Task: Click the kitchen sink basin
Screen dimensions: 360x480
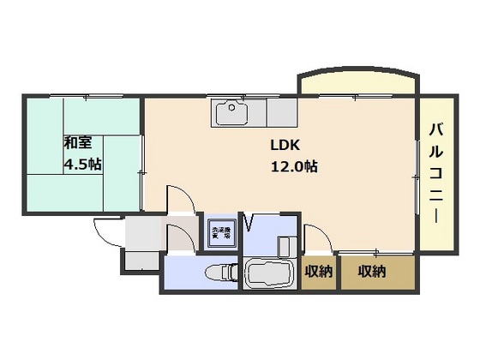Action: coord(232,113)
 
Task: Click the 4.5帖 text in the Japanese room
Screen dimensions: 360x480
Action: coord(82,165)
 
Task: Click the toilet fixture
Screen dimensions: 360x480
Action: coord(219,274)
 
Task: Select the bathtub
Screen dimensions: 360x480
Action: coord(271,274)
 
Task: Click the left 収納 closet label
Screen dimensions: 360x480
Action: coord(319,272)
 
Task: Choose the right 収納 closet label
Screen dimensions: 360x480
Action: coord(371,272)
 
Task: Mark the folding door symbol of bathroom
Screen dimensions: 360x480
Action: coord(250,225)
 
